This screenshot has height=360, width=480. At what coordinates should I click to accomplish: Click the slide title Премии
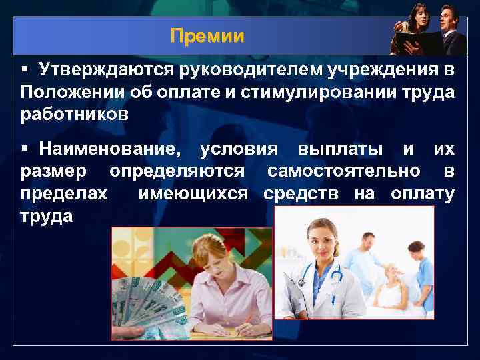[x=207, y=35]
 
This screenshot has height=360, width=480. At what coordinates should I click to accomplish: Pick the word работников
[x=74, y=114]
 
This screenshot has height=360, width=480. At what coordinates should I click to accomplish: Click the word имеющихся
[x=193, y=194]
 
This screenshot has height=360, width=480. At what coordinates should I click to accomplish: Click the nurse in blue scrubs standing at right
[x=421, y=273]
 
